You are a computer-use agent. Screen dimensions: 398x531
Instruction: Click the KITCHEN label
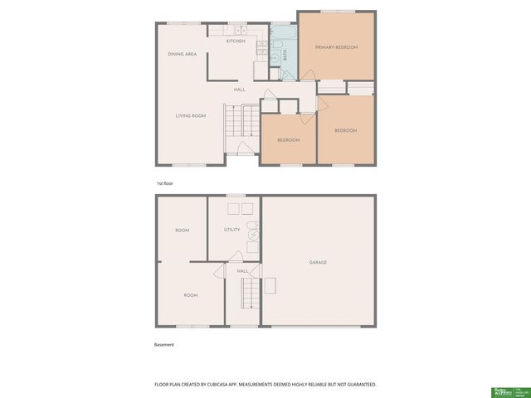tap(236, 41)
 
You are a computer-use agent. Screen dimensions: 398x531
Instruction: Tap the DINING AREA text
tap(182, 54)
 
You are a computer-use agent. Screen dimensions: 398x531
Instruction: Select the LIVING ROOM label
tap(190, 116)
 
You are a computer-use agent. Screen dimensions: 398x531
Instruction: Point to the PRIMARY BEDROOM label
tap(336, 47)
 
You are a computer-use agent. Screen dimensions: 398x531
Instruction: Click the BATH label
tap(285, 56)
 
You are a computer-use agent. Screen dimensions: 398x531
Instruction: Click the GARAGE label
tap(318, 262)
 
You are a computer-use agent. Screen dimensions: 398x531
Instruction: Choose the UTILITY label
tap(232, 230)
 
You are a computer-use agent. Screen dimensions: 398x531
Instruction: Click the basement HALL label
tap(243, 270)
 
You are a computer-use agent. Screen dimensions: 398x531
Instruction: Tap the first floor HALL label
tap(239, 90)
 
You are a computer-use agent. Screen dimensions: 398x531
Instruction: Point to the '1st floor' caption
tap(165, 182)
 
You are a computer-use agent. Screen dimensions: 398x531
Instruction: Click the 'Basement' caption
tap(164, 344)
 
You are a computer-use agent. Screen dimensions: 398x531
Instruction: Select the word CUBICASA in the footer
tap(234, 385)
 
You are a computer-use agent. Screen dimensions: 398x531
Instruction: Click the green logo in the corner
tap(503, 391)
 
